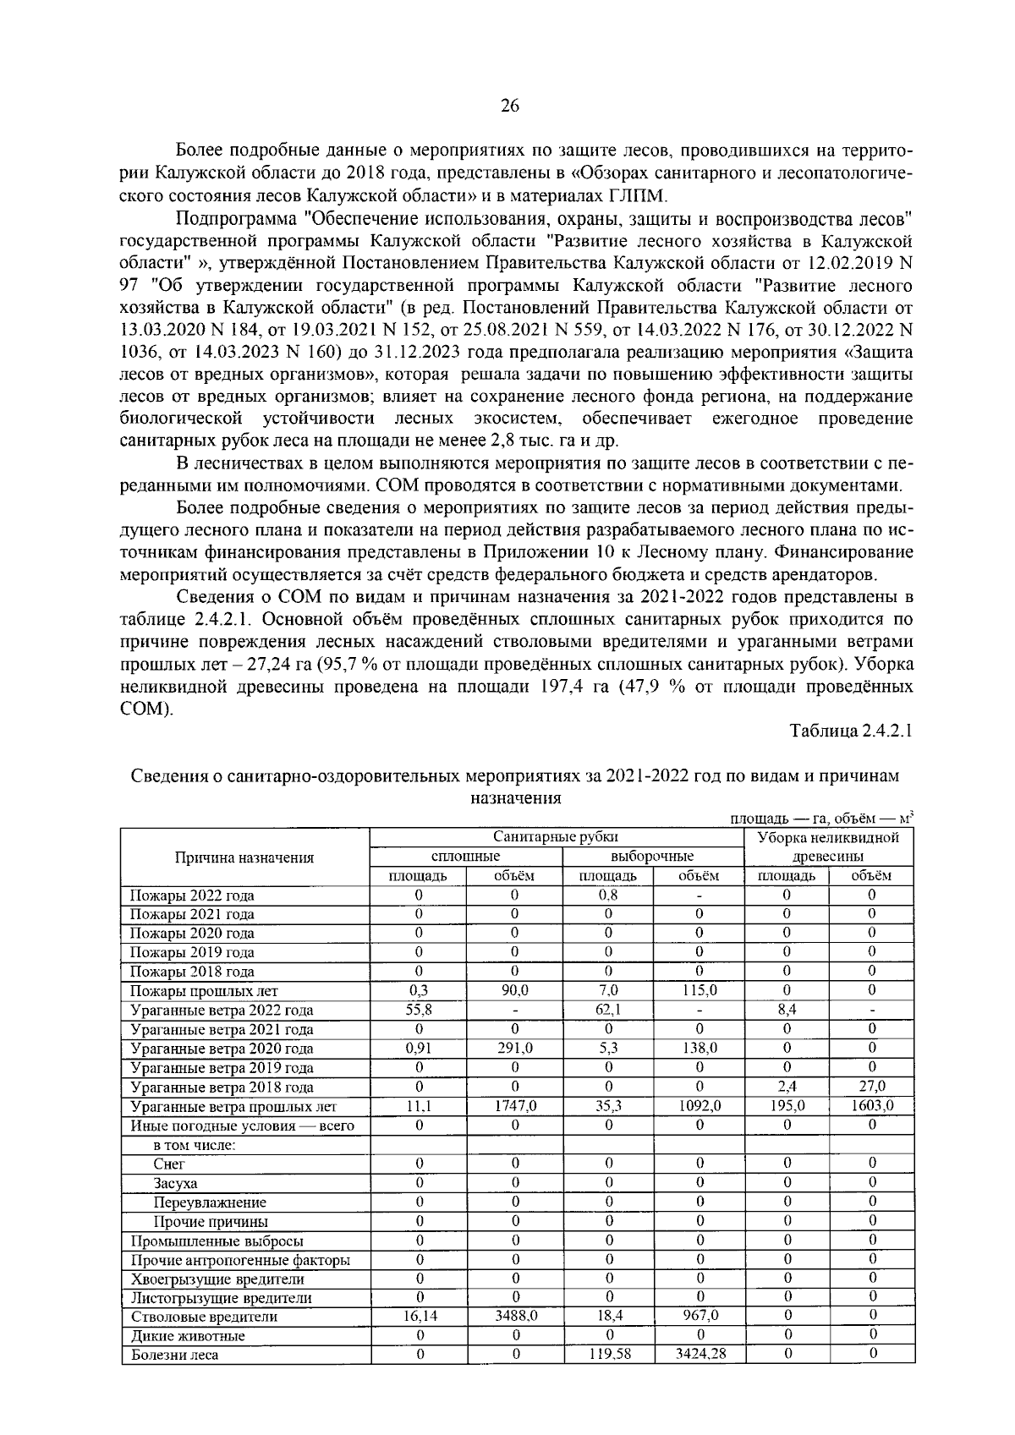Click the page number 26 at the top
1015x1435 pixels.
[x=509, y=106]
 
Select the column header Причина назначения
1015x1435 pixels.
[x=244, y=857]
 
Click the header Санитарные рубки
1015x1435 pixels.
[x=556, y=837]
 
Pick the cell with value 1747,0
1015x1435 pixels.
[x=515, y=1106]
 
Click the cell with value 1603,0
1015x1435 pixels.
[x=871, y=1106]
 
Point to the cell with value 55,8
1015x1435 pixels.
[x=419, y=1010]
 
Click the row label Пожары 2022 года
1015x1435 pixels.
[x=191, y=896]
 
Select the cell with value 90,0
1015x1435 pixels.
[x=515, y=990]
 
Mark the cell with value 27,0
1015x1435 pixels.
[x=871, y=1087]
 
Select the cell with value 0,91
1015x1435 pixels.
[x=419, y=1049]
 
